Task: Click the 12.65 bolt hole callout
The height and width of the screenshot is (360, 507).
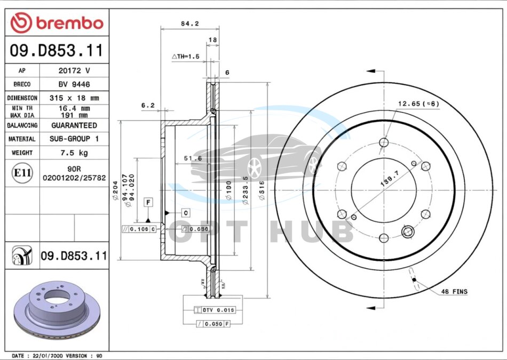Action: (x=418, y=103)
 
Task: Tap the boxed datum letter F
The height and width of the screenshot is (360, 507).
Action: (x=148, y=202)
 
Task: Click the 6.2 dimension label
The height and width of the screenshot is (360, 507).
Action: (x=148, y=106)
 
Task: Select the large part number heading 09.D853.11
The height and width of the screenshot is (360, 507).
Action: (x=56, y=51)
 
